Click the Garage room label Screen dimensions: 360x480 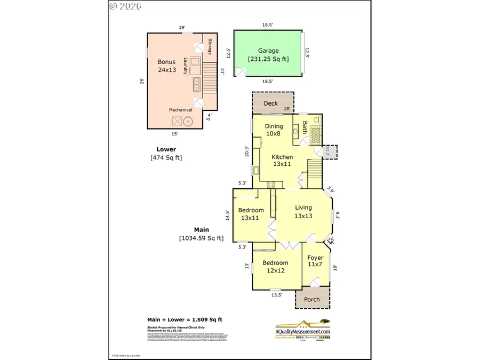pos(268,51)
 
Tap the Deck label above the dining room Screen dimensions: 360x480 pos(270,103)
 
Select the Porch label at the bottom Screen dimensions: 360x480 pos(312,299)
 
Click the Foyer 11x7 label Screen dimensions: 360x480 pos(315,261)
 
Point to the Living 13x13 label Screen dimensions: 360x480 pos(303,212)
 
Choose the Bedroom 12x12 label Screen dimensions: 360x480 pos(275,267)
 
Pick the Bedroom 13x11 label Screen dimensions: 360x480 pos(251,214)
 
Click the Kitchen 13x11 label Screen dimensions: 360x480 pos(282,161)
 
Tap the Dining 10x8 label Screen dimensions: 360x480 pos(274,130)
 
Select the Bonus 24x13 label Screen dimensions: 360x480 pos(166,66)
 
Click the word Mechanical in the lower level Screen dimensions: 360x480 pos(180,110)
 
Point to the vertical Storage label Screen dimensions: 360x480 pos(210,47)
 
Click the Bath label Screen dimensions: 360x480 pos(305,127)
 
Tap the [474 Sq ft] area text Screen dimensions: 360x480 pos(166,157)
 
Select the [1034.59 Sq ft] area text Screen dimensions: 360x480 pos(201,238)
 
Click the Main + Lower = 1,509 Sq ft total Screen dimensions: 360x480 pos(185,319)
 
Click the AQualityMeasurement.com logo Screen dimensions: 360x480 pos(303,331)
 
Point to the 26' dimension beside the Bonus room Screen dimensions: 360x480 pos(141,81)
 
